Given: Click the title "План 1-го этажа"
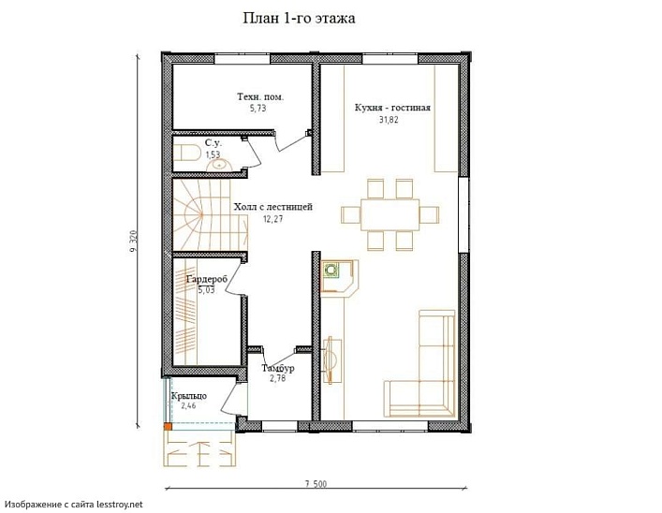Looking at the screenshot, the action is point(299,18).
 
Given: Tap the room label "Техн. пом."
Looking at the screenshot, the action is point(260,96).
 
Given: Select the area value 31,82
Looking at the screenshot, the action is point(389,120).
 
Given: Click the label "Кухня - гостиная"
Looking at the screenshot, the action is point(392,108).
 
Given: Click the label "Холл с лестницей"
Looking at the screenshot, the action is point(273,207).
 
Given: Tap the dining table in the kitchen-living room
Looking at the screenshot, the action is point(390,214).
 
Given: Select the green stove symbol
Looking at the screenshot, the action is point(331,270).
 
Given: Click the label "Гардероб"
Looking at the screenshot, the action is point(207,279).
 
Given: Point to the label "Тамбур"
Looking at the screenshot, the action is point(278,368).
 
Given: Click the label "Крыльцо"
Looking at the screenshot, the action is point(189,396).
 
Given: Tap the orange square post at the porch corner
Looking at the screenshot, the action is point(168,427).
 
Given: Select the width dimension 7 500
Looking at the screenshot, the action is point(316,484).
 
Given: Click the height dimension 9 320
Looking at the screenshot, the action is point(133,243).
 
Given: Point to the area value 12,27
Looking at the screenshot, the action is point(272,219).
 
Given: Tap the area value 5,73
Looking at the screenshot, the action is point(257,108).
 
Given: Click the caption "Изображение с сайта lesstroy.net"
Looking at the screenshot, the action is point(74,505).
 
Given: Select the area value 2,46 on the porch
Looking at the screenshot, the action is point(188,406).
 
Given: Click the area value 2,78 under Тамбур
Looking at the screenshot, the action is point(278,378).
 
